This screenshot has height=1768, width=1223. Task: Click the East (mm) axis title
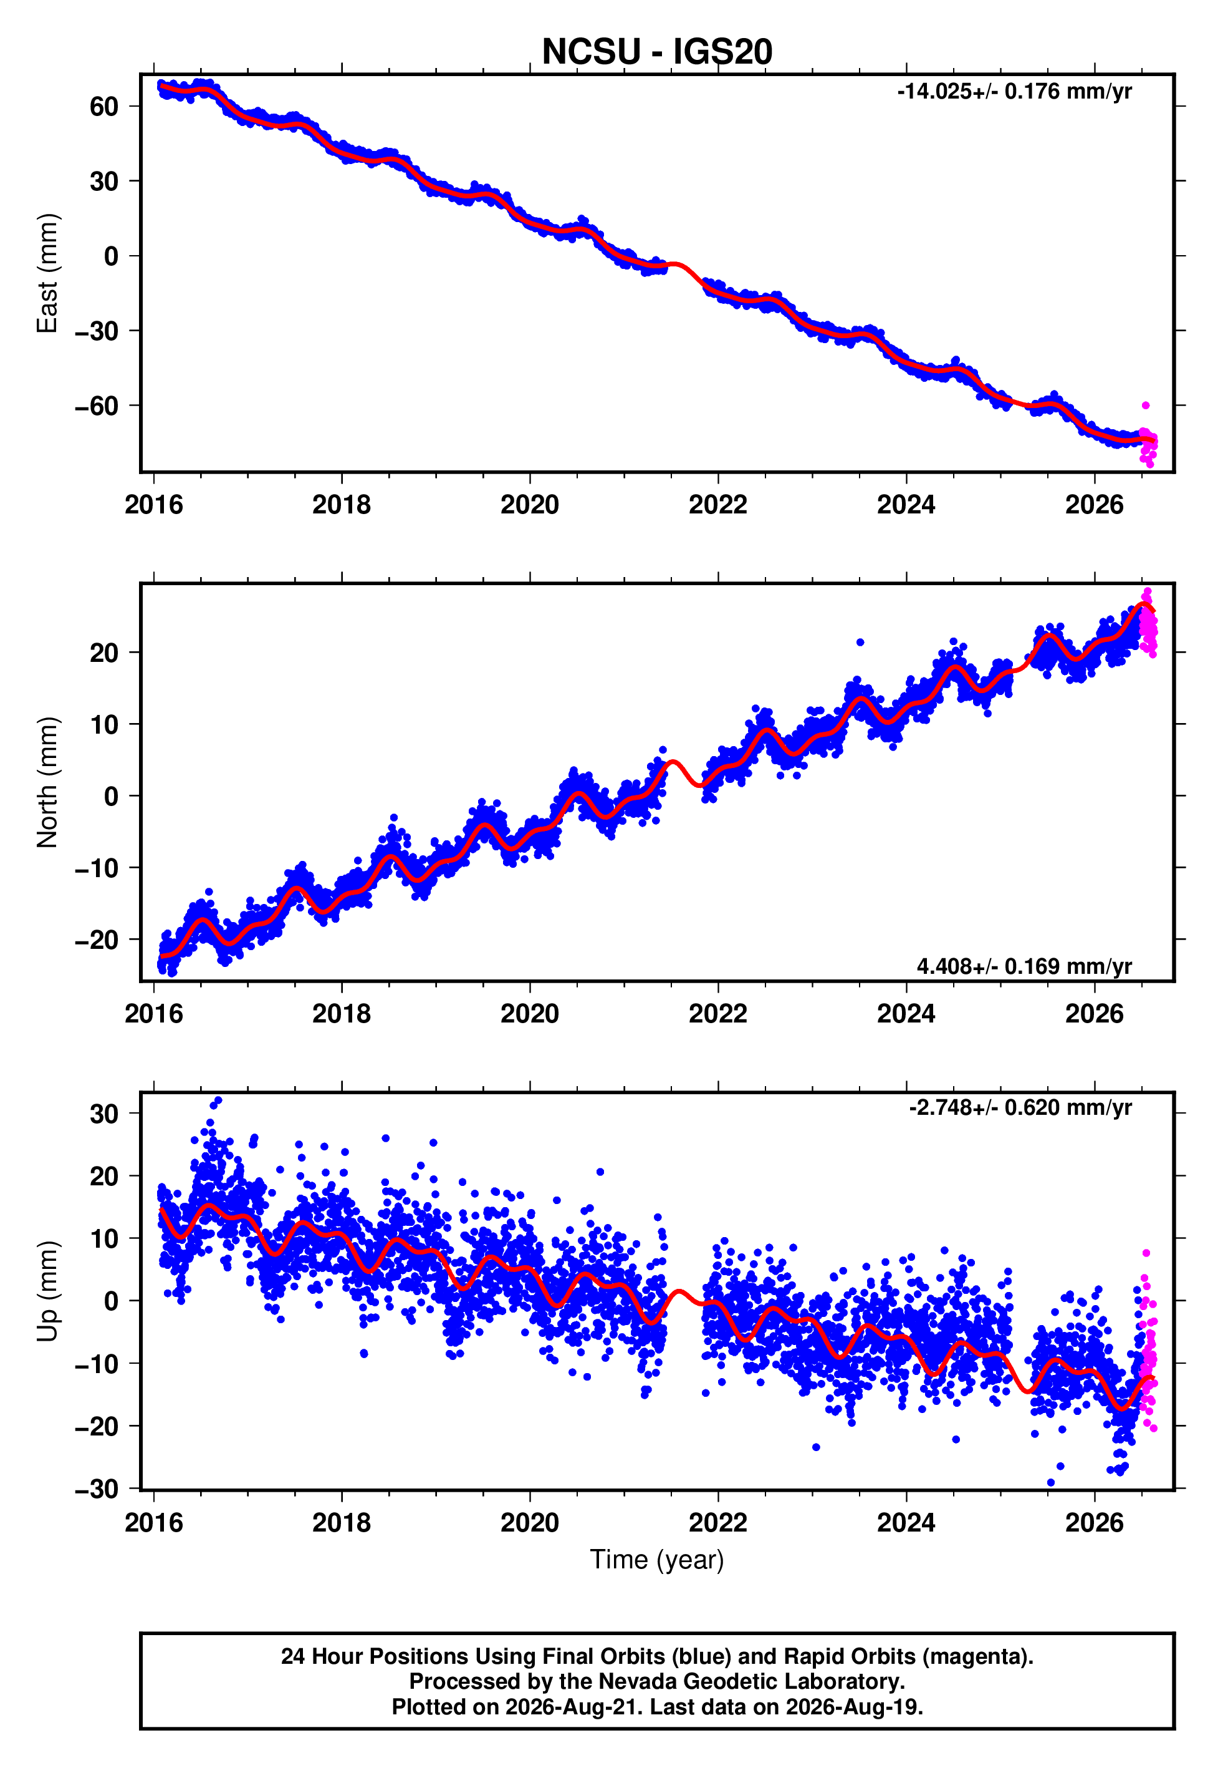[x=47, y=273]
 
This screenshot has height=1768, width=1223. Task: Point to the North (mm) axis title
[x=47, y=782]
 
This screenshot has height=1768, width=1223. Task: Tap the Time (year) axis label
[x=657, y=1560]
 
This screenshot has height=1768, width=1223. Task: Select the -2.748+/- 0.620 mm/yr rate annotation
[x=1020, y=1108]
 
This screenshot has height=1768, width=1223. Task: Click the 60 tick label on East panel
[x=104, y=107]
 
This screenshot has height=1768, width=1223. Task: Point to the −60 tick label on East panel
[x=97, y=406]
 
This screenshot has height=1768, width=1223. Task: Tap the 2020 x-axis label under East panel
[x=529, y=505]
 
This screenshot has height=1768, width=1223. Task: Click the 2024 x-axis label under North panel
[x=906, y=1014]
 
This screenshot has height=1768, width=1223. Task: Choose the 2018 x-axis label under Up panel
[x=341, y=1523]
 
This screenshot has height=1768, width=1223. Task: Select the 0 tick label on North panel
[x=112, y=796]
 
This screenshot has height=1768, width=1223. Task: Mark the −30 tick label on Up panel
[x=97, y=1489]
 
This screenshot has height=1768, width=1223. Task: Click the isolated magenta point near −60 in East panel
[x=1146, y=406]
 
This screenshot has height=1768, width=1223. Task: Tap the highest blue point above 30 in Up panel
[x=218, y=1100]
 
